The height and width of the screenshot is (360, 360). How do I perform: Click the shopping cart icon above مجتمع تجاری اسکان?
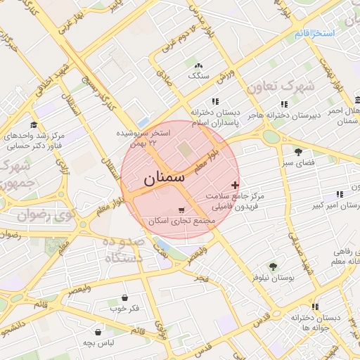[x=183, y=210]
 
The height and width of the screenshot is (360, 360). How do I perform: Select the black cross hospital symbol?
[x=235, y=184]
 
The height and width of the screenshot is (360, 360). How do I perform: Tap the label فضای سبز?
[x=298, y=162]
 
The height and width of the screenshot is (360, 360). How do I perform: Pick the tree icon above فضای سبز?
[x=298, y=151]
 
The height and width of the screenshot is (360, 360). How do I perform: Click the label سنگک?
[x=199, y=75]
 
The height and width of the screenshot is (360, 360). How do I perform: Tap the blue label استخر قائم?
[x=314, y=33]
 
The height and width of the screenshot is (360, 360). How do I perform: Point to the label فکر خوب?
[x=125, y=309]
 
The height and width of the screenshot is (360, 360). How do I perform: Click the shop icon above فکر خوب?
[x=125, y=297]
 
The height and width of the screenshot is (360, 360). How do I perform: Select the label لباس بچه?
[x=99, y=343]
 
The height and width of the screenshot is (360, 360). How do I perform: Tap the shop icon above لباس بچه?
[x=99, y=332]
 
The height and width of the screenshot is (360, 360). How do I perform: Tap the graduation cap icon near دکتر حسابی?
[x=32, y=124]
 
